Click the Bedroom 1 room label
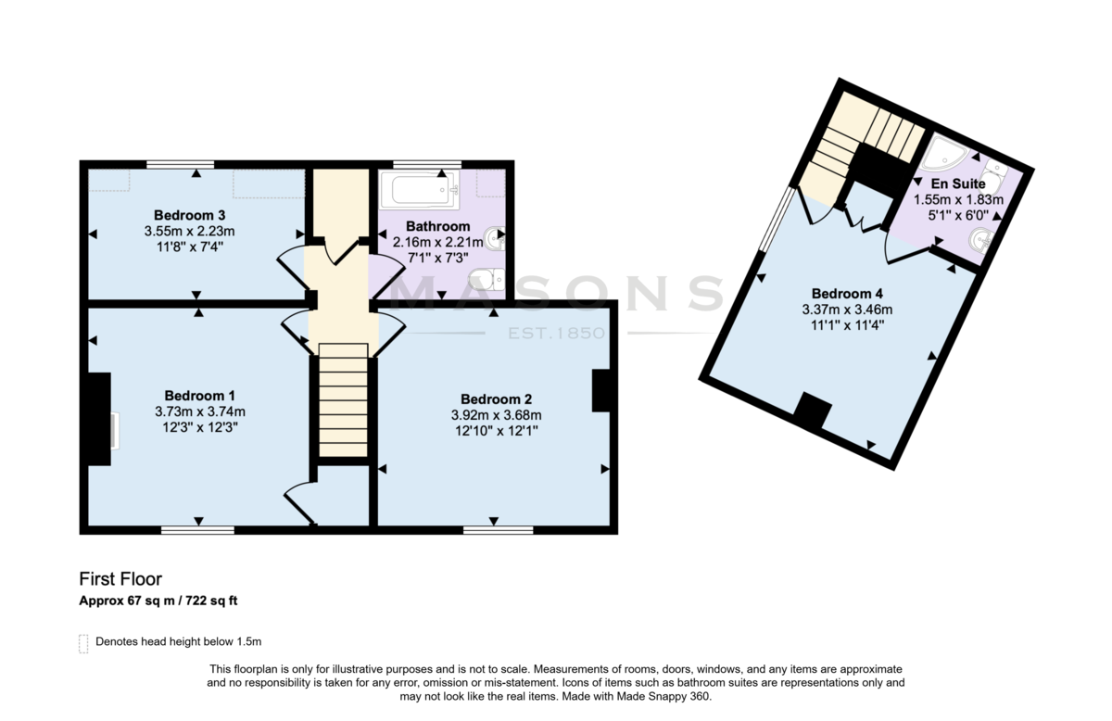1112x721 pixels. pyautogui.click(x=199, y=396)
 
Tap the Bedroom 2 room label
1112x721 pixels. pyautogui.click(x=496, y=399)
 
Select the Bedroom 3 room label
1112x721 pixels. pyautogui.click(x=189, y=215)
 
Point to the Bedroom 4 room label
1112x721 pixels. pyautogui.click(x=847, y=294)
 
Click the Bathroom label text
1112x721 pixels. pyautogui.click(x=437, y=226)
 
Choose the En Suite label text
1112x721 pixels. pyautogui.click(x=958, y=183)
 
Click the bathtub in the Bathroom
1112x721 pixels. pyautogui.click(x=420, y=190)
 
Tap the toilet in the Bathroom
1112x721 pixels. pyautogui.click(x=487, y=280)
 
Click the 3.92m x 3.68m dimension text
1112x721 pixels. pyautogui.click(x=496, y=415)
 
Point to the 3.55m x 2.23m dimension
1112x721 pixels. pyautogui.click(x=189, y=231)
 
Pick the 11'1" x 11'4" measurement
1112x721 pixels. pyautogui.click(x=847, y=325)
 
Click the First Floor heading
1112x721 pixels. pyautogui.click(x=120, y=579)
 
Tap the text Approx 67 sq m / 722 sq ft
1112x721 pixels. pyautogui.click(x=158, y=601)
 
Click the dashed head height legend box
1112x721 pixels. pyautogui.click(x=83, y=643)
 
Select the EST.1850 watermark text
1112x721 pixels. pyautogui.click(x=556, y=334)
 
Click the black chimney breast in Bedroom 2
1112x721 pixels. pyautogui.click(x=600, y=391)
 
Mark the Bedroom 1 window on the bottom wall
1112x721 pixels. pyautogui.click(x=197, y=530)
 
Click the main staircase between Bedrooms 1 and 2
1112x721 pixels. pyautogui.click(x=343, y=399)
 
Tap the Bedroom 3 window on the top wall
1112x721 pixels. pyautogui.click(x=180, y=164)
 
